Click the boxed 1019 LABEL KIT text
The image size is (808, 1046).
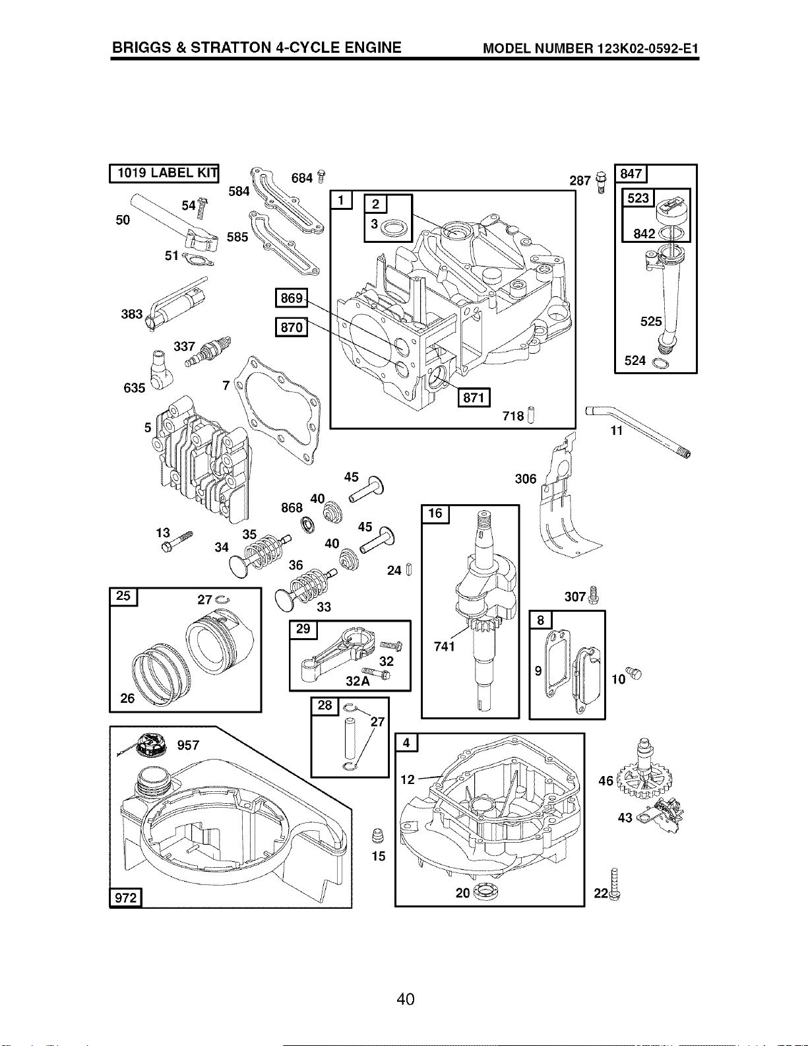pos(164,174)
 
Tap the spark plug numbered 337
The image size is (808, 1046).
pos(208,352)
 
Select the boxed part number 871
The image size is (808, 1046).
pos(474,397)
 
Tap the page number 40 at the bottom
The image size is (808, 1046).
pos(406,999)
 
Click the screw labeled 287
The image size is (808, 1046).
pos(601,182)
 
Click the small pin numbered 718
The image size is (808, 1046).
pos(531,414)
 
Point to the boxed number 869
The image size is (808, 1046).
pos(291,298)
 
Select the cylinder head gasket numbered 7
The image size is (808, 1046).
pos(278,410)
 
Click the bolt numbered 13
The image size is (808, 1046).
pos(177,542)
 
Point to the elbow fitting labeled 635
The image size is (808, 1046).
pos(160,370)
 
